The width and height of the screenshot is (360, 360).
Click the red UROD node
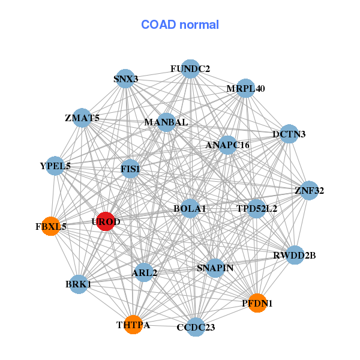[106, 221]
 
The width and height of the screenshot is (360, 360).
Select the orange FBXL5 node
[51, 226]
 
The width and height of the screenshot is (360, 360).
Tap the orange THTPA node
[133, 325]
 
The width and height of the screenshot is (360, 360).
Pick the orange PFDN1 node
[257, 303]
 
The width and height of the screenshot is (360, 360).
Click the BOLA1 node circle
[190, 208]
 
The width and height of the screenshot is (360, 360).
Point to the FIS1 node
[130, 169]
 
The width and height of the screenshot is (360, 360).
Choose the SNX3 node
[125, 79]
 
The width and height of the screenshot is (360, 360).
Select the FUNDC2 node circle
[190, 69]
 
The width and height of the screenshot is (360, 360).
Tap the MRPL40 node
[245, 89]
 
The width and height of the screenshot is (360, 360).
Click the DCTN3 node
[289, 134]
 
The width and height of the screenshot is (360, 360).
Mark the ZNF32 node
[309, 191]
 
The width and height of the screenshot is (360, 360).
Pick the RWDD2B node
[295, 255]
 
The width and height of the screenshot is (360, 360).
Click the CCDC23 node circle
[196, 327]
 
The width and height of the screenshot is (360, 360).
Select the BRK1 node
[79, 284]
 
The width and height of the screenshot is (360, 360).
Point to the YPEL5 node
[55, 166]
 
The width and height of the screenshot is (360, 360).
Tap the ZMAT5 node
[82, 118]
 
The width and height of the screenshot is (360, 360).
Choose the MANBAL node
[166, 122]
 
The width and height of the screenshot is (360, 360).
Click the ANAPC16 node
[227, 145]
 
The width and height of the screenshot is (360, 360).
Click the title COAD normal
[180, 25]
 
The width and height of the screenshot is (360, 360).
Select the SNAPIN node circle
[215, 268]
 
